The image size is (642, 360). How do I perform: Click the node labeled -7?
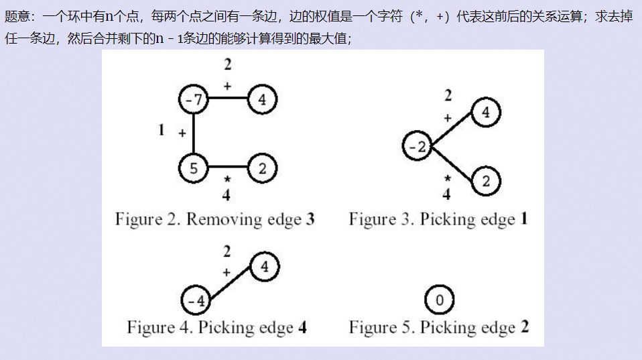pos(194,101)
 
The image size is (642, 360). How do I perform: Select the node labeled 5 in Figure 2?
pos(194,168)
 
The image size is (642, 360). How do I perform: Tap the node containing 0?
pos(439,300)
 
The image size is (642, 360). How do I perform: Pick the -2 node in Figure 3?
pos(418,147)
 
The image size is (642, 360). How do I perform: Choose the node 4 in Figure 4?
pos(265,267)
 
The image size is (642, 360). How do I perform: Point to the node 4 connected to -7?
pos(262,101)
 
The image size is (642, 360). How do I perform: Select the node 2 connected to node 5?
pos(262,168)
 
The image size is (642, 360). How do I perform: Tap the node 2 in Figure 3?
pos(486,181)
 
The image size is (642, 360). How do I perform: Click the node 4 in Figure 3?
pos(486,113)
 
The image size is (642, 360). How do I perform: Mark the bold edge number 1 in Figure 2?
pos(161,130)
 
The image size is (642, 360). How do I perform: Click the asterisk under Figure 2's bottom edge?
pos(227,180)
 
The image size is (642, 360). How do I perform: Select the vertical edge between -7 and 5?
pos(194,134)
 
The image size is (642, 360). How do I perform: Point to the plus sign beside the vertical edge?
pos(182,133)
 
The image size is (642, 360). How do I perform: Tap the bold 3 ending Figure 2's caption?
pos(310,219)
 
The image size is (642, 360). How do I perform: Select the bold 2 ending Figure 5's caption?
pos(525,327)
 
